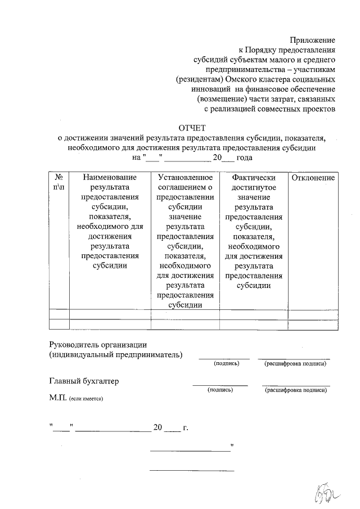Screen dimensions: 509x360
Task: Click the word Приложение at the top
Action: (312, 40)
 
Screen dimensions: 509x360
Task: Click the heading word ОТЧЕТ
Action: (193, 127)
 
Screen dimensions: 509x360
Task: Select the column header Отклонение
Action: (312, 178)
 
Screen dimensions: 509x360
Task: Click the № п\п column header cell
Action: (58, 182)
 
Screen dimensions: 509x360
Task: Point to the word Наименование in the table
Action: (110, 178)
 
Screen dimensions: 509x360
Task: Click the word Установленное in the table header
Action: (186, 178)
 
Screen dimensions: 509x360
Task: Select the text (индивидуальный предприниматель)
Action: (115, 355)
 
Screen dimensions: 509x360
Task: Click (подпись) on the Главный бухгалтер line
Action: (220, 389)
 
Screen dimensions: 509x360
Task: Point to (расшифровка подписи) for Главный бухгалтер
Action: (296, 389)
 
